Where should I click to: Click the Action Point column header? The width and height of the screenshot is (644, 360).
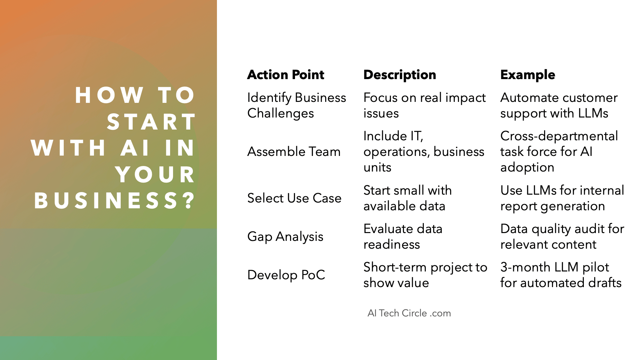pyautogui.click(x=286, y=75)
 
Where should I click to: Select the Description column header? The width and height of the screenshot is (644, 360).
pyautogui.click(x=400, y=75)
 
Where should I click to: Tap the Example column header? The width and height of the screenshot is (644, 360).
pyautogui.click(x=528, y=75)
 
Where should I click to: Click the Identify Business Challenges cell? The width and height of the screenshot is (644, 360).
pyautogui.click(x=297, y=105)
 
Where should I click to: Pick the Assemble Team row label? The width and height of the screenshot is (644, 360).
pyautogui.click(x=294, y=152)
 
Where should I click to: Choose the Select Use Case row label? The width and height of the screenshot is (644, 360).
pyautogui.click(x=294, y=198)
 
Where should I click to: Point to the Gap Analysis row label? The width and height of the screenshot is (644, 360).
pyautogui.click(x=285, y=237)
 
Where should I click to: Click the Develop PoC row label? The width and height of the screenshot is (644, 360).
pyautogui.click(x=286, y=275)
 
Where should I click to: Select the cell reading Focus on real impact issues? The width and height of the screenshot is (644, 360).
pyautogui.click(x=424, y=105)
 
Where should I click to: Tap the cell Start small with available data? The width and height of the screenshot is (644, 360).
pyautogui.click(x=408, y=198)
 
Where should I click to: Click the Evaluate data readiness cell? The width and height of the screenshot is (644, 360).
pyautogui.click(x=403, y=237)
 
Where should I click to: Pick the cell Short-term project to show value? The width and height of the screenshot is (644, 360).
pyautogui.click(x=425, y=275)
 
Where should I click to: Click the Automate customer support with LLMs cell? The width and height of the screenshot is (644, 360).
pyautogui.click(x=559, y=105)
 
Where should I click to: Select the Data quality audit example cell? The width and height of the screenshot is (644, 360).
pyautogui.click(x=562, y=237)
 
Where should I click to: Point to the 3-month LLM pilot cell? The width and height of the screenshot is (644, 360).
pyautogui.click(x=561, y=275)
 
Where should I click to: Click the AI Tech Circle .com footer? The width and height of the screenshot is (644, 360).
pyautogui.click(x=409, y=313)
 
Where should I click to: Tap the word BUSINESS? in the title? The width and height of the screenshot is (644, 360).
pyautogui.click(x=114, y=201)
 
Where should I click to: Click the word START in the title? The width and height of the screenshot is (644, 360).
pyautogui.click(x=151, y=122)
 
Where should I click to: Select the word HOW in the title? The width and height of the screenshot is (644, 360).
pyautogui.click(x=109, y=95)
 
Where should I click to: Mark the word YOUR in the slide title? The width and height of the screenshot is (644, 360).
pyautogui.click(x=155, y=174)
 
